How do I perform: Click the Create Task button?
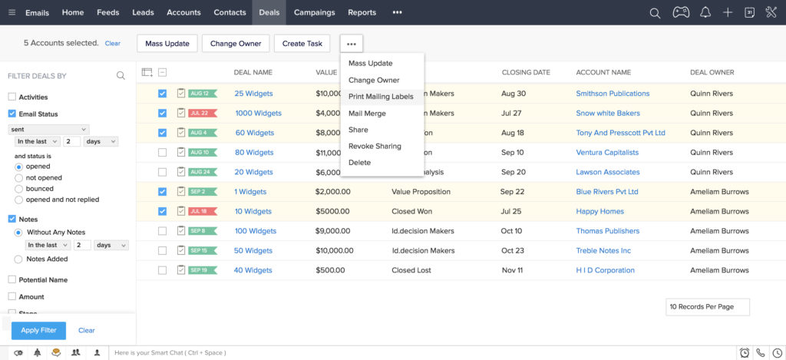[x=302, y=44]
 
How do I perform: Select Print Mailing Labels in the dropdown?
[x=381, y=97]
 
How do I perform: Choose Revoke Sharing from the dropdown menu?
[x=375, y=146]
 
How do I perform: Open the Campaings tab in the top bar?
[x=314, y=12]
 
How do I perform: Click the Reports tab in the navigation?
[x=362, y=12]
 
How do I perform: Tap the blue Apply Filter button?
[x=38, y=331]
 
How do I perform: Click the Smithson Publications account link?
[x=613, y=94]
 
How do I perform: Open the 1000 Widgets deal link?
[x=258, y=114]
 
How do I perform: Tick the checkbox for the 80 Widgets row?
[x=162, y=153]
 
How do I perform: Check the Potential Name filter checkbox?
[x=12, y=280]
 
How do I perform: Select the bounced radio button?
[x=19, y=189]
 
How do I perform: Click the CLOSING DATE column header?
[x=526, y=73]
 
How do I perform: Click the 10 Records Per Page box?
[x=707, y=307]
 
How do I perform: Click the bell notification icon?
[x=705, y=12]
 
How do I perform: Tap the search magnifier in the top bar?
[x=655, y=12]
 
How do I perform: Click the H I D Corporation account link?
[x=605, y=270]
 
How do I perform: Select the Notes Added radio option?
[x=19, y=259]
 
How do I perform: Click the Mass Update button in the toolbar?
[x=167, y=44]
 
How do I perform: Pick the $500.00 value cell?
[x=330, y=270]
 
